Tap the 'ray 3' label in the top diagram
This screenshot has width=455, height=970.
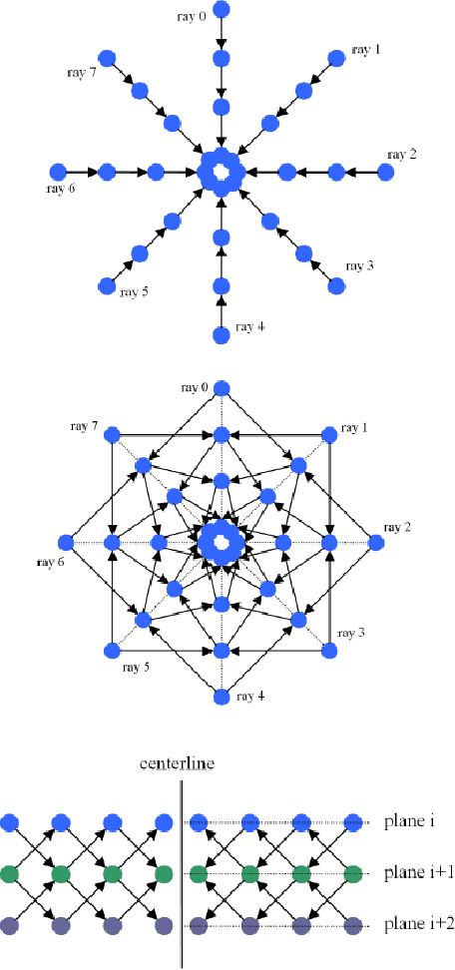pyautogui.click(x=360, y=266)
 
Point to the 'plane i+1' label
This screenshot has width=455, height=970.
pyautogui.click(x=418, y=874)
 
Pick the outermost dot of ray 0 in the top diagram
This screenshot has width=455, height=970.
pyautogui.click(x=222, y=10)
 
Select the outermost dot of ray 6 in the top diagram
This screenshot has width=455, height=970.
pyautogui.click(x=57, y=173)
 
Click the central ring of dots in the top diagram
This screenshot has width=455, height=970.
pyautogui.click(x=222, y=173)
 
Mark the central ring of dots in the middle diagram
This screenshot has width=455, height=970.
pyautogui.click(x=222, y=543)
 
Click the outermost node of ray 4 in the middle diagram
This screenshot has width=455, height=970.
pyautogui.click(x=222, y=697)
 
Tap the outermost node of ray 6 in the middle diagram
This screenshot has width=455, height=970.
pyautogui.click(x=67, y=543)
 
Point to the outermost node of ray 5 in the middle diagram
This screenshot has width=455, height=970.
pyautogui.click(x=112, y=651)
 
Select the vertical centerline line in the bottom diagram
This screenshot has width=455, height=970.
pyautogui.click(x=182, y=868)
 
